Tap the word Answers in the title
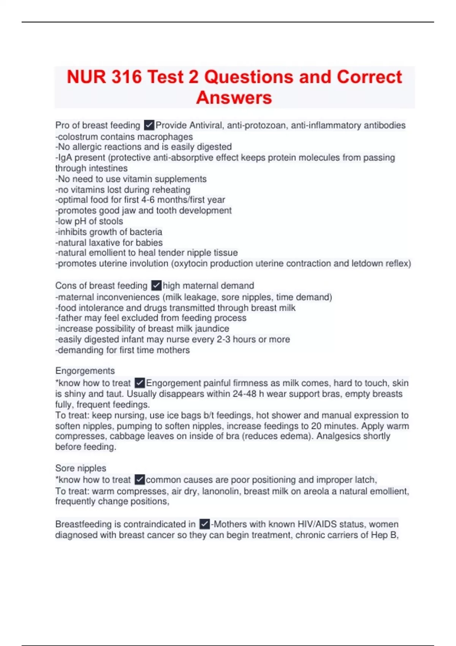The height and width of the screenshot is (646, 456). (x=234, y=97)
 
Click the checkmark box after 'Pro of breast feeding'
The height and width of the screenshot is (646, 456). (x=149, y=125)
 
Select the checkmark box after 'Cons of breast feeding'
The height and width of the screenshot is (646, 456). (x=156, y=285)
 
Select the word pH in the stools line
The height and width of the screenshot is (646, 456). (x=79, y=221)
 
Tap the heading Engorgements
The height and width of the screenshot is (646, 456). (x=85, y=371)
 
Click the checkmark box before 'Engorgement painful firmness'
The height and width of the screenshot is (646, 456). (x=140, y=383)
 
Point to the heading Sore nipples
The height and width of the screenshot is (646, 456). (x=81, y=468)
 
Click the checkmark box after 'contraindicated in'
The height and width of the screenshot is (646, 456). (x=204, y=524)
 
